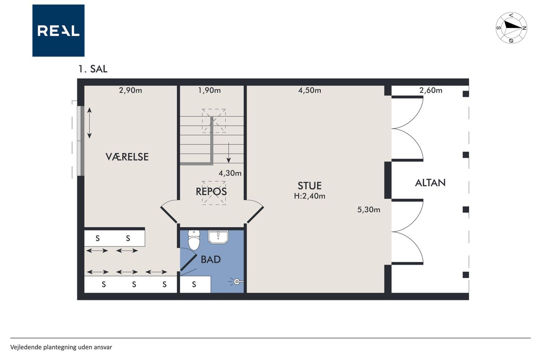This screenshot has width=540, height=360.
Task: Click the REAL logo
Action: click(58, 31)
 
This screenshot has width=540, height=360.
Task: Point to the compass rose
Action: click(511, 28)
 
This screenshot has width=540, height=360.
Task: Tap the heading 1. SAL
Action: click(93, 69)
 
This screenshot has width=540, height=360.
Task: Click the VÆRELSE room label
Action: click(127, 157)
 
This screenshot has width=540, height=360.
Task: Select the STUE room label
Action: click(310, 186)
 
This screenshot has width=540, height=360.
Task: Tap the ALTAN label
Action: click(430, 183)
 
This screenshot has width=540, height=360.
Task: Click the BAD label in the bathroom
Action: click(211, 260)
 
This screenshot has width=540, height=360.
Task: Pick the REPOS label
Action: click(211, 192)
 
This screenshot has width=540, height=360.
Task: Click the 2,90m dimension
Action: click(130, 90)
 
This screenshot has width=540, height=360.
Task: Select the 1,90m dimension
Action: click(209, 90)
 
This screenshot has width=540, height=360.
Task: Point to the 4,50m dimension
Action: click(310, 90)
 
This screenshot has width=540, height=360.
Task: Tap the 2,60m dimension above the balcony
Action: click(431, 90)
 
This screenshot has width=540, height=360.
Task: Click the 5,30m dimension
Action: click(369, 210)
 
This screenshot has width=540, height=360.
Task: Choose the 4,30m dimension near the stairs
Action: click(230, 173)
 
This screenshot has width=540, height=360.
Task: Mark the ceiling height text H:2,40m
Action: click(310, 196)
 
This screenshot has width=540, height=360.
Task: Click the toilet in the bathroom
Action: click(194, 240)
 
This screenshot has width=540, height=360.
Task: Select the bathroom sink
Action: click(218, 237)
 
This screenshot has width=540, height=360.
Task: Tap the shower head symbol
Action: click(237, 282)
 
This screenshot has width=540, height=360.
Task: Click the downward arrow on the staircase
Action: click(229, 153)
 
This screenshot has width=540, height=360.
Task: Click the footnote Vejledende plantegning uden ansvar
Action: click(61, 347)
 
